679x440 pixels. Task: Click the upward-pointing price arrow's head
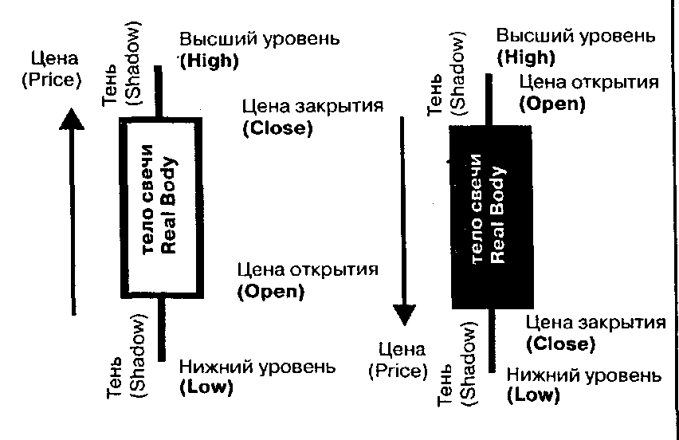point(72,119)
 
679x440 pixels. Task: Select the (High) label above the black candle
point(525,57)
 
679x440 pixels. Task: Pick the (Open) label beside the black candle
point(551,104)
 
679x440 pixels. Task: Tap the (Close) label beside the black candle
point(560,344)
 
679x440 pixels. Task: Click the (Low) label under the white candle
point(206,388)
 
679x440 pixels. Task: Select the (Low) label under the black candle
point(532,395)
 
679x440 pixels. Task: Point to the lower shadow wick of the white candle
point(161,327)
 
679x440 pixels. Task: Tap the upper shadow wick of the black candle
point(489,100)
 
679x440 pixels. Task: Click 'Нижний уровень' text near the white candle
point(253,367)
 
